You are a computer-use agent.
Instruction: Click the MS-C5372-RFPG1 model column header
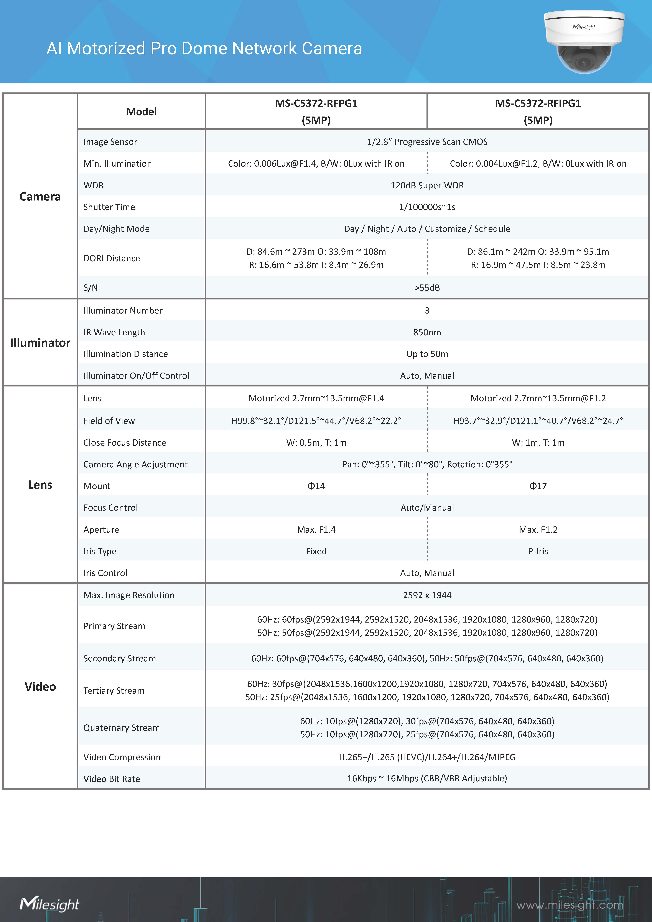316,112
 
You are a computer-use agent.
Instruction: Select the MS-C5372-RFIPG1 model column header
538,112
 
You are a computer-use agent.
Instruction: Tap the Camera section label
40,196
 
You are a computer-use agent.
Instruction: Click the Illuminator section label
40,343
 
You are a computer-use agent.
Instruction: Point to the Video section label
40,686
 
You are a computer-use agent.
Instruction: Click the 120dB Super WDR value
427,185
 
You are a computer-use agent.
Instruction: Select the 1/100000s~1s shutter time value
427,207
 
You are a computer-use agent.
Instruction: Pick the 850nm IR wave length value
427,332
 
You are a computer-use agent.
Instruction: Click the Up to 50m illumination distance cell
427,354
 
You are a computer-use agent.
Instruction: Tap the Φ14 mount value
316,486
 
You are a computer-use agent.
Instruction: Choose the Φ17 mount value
538,486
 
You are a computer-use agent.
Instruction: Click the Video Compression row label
122,757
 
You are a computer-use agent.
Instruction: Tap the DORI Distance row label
112,258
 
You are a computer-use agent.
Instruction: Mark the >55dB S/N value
427,288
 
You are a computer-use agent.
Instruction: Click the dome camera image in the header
584,42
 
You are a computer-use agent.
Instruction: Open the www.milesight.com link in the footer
570,905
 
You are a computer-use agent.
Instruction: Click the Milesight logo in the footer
49,904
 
